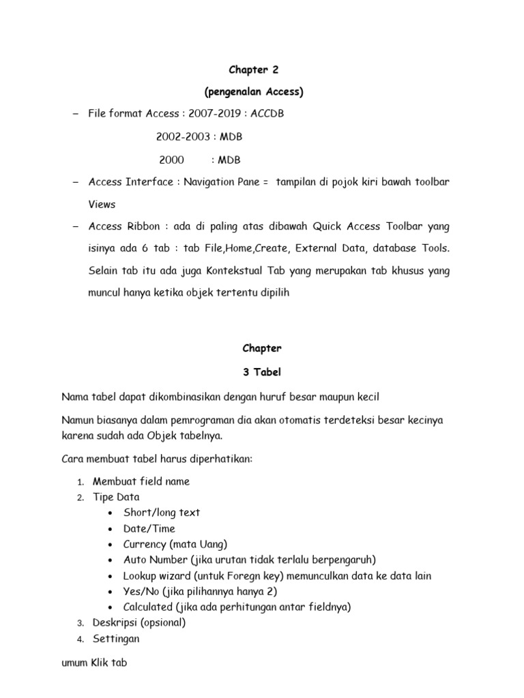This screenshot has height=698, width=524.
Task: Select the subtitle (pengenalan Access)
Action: point(262,91)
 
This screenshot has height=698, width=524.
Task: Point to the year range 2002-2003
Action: point(181,137)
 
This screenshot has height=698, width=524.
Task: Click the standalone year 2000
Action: point(171,160)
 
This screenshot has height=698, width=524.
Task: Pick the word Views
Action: point(102,204)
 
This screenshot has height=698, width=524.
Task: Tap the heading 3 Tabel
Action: point(262,372)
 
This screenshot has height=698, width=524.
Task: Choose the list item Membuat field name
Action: point(141,481)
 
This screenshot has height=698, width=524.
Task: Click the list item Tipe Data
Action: point(116,497)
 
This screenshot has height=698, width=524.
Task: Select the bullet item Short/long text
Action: point(162,513)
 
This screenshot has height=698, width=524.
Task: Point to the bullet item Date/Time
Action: point(149,528)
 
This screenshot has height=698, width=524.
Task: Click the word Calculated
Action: point(149,607)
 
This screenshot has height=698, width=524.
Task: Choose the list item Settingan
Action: point(116,639)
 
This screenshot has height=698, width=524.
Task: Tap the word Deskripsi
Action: point(116,622)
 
